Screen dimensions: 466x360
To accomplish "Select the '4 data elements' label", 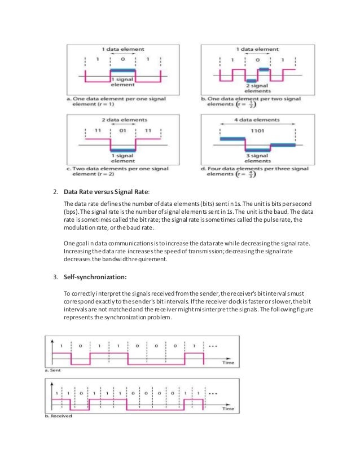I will coord(257,120).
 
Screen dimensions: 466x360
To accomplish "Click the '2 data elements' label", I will coord(122,120).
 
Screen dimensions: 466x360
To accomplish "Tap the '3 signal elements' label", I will coord(257,157).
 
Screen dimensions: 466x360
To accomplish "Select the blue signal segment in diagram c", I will coord(122,149).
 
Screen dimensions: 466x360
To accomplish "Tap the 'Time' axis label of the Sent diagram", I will coord(228,363).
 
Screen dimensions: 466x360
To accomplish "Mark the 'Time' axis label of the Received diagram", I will coord(228,408).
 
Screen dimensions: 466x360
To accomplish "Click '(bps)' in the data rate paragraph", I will coord(72,211).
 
